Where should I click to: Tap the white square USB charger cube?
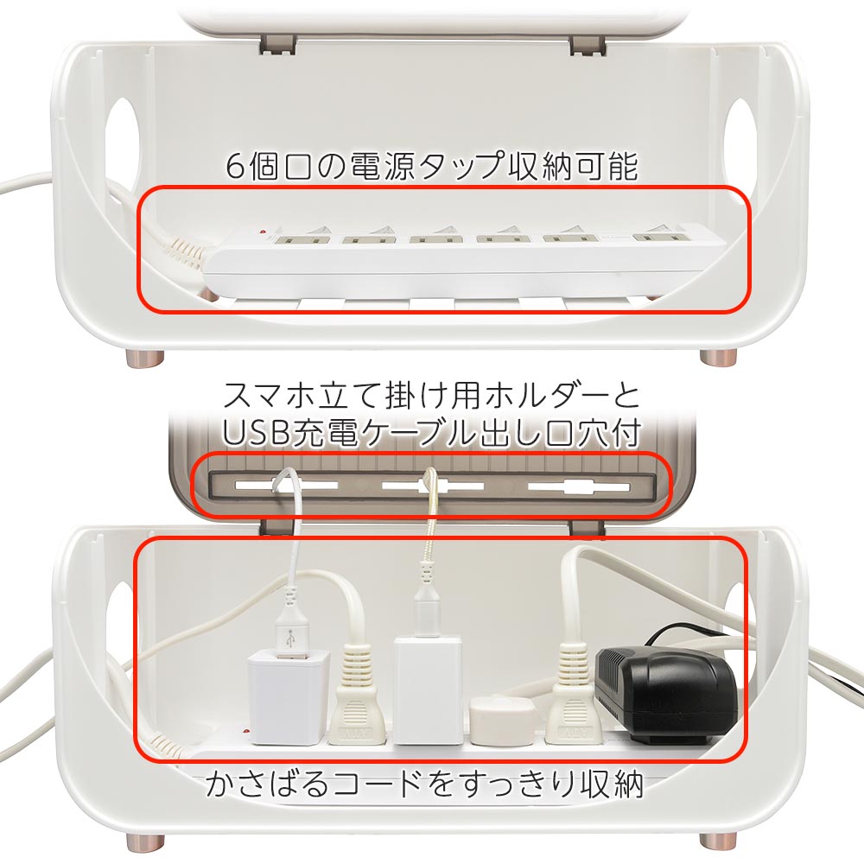pos(289,696)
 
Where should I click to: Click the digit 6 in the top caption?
pos(236,167)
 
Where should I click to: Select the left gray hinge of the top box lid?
pos(278,45)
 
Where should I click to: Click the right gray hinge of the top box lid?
pos(588,45)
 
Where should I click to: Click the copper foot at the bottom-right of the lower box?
pos(719,842)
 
